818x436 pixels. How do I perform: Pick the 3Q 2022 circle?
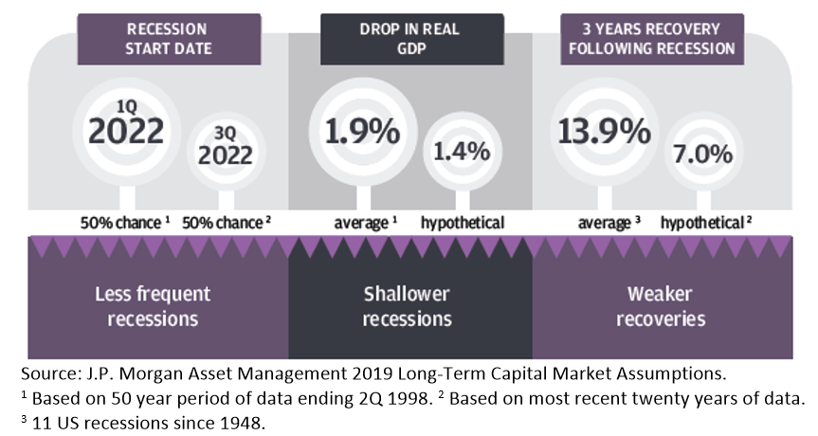[x=225, y=149]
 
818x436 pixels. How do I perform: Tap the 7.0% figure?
[x=702, y=150]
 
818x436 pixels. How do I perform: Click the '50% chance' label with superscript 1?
[x=125, y=223]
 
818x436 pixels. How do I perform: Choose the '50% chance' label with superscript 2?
[x=226, y=223]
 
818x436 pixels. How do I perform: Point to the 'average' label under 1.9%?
[x=362, y=223]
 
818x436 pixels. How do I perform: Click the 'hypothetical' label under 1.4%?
[x=464, y=223]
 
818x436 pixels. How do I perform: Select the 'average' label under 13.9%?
[x=604, y=223]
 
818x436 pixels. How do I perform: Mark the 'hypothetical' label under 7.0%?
[x=703, y=223]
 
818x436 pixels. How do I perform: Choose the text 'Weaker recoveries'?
[x=661, y=305]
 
